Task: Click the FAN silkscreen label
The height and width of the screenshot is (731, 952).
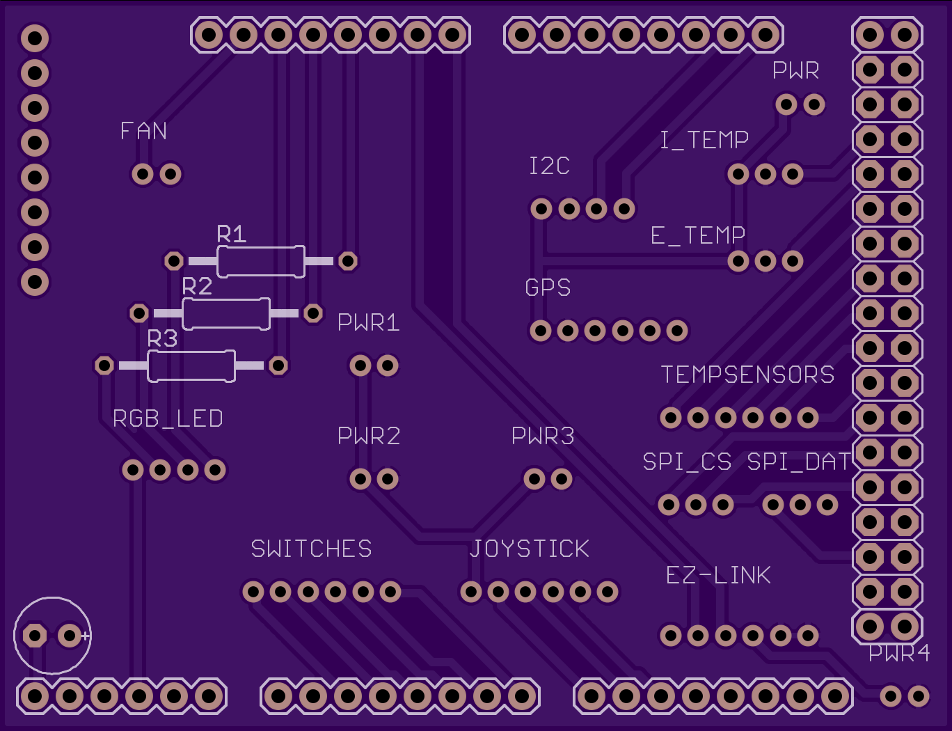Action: coord(143,131)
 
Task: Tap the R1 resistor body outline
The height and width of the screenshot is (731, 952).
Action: coord(261,248)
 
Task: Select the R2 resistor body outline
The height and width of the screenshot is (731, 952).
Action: coord(226,300)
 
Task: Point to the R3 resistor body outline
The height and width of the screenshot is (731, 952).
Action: coord(191,352)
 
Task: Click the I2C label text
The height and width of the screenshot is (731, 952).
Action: coord(549,166)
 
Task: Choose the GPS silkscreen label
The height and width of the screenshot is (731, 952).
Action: coord(548,288)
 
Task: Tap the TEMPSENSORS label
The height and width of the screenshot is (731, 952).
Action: coord(747,375)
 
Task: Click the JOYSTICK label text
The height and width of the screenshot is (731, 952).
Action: coord(529,549)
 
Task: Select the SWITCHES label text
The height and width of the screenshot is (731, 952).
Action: coord(312,549)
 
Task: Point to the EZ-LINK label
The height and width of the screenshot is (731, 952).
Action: coord(718,575)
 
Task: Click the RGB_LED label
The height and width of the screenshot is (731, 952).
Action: coord(168,418)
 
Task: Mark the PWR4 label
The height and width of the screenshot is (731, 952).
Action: coord(899,654)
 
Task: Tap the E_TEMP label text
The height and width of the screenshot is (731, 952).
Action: coord(697,235)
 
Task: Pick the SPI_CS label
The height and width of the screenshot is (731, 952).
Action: coord(687,462)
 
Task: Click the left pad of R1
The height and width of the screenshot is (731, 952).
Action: coord(174,261)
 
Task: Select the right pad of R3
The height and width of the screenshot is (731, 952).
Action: coord(278,365)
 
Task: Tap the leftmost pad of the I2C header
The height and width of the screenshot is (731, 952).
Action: coord(541,209)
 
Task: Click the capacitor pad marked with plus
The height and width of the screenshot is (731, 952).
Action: coord(70,635)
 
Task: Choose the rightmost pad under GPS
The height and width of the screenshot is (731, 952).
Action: coord(677,331)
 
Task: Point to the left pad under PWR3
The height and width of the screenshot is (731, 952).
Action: coord(534,478)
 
